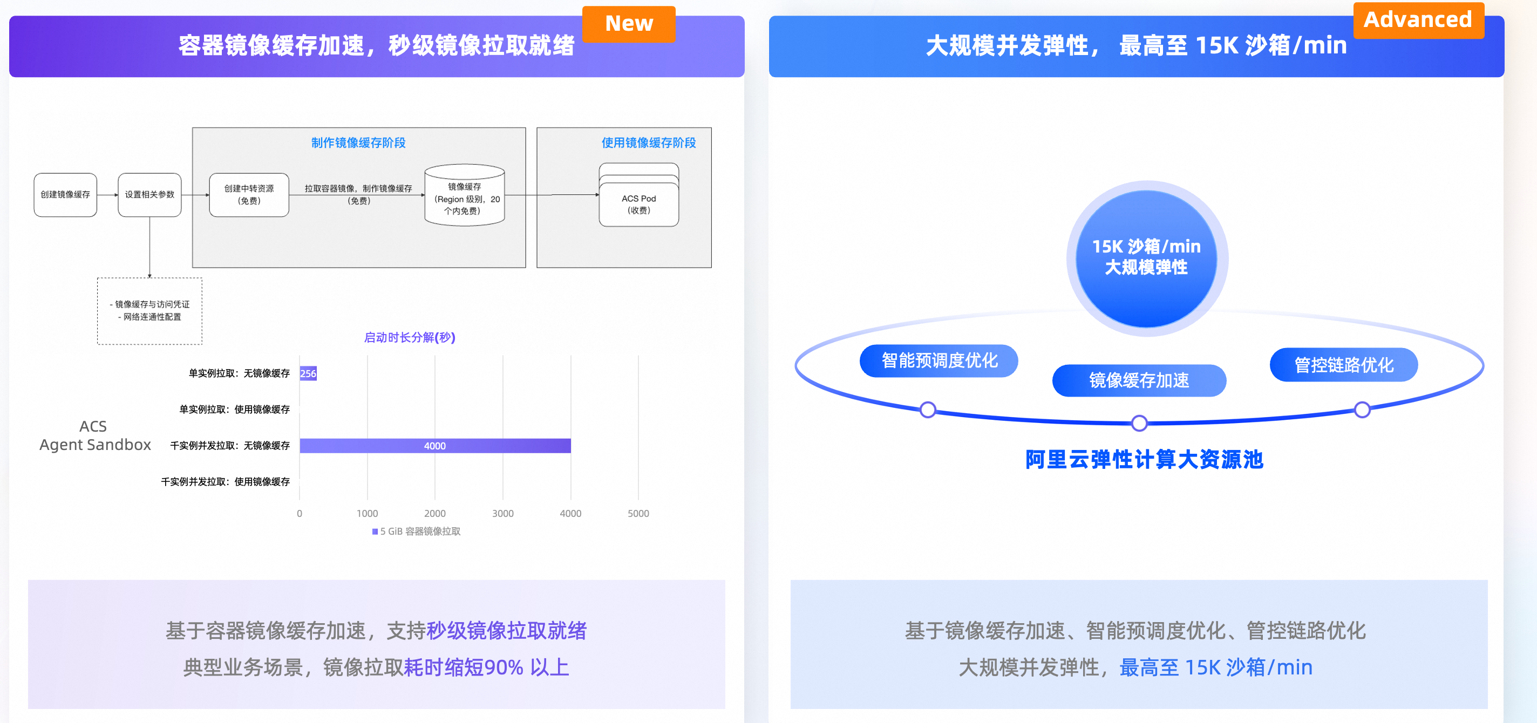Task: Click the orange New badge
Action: click(628, 24)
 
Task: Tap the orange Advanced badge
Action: click(1418, 21)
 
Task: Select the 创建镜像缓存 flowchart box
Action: click(65, 194)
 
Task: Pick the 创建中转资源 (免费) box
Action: click(249, 194)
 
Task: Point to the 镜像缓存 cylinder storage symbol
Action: click(464, 196)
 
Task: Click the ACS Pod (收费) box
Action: click(638, 203)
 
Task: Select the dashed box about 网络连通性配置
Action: click(150, 311)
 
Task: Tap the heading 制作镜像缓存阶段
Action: click(358, 142)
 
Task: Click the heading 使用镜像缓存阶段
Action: click(648, 142)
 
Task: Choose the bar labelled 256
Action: click(308, 373)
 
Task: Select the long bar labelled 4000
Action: click(435, 446)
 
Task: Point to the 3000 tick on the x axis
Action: click(502, 513)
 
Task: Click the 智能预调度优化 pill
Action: click(938, 360)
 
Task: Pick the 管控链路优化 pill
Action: click(1343, 365)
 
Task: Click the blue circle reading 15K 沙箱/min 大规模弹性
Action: click(1146, 258)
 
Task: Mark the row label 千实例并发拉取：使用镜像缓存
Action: click(225, 481)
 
